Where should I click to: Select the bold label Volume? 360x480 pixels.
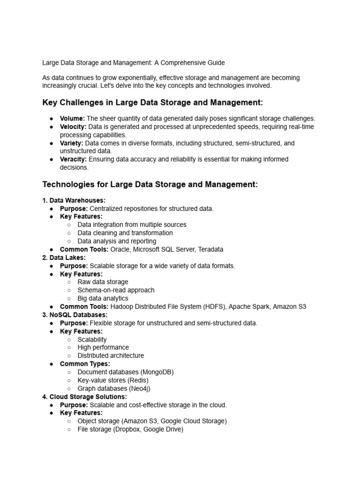pyautogui.click(x=72, y=119)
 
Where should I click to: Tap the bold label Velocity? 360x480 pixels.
pyautogui.click(x=73, y=127)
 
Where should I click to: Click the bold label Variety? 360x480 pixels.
pyautogui.click(x=72, y=143)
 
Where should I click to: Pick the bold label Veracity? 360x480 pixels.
pyautogui.click(x=74, y=159)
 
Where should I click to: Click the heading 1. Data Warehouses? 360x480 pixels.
pyautogui.click(x=74, y=200)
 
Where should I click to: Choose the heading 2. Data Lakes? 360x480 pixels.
pyautogui.click(x=64, y=257)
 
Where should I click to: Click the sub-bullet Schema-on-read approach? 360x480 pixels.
pyautogui.click(x=116, y=290)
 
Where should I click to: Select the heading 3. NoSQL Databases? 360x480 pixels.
pyautogui.click(x=75, y=315)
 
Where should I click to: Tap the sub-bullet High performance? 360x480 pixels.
pyautogui.click(x=103, y=347)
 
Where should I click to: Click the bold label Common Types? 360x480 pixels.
pyautogui.click(x=85, y=364)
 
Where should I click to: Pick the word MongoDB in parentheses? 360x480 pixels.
pyautogui.click(x=157, y=372)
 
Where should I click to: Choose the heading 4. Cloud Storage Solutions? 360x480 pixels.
pyautogui.click(x=85, y=397)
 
